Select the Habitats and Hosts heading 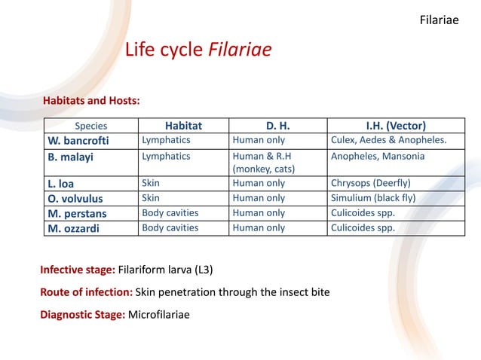click(91, 101)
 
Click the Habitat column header click(183, 126)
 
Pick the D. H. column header click(277, 126)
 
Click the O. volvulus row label click(76, 198)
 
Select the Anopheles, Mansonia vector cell click(378, 156)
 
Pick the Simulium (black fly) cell click(373, 198)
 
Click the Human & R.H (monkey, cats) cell click(264, 163)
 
